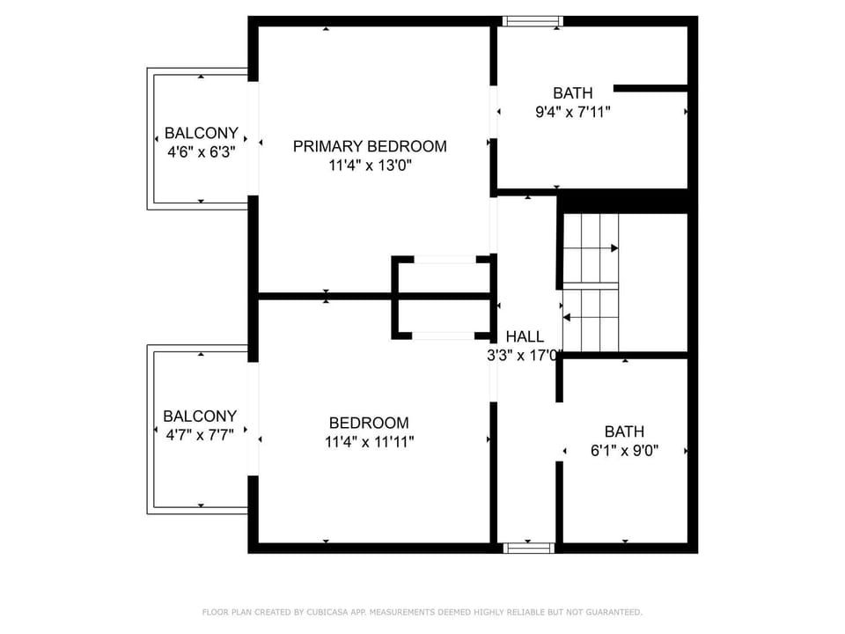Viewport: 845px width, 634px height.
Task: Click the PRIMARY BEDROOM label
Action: (370, 146)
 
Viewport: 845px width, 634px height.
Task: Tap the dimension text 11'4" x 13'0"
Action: (371, 165)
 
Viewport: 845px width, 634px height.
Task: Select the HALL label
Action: (525, 337)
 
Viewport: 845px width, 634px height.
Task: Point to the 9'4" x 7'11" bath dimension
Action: (573, 112)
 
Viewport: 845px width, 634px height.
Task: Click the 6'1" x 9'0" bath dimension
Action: (625, 451)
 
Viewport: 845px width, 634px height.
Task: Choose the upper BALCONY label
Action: (201, 133)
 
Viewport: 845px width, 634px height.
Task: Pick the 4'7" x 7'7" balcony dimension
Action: (200, 435)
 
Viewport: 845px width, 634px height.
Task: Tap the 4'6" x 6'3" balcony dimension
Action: (202, 152)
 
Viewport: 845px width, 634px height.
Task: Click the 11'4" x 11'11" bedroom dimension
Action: (369, 442)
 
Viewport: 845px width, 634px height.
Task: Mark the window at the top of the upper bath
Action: (533, 21)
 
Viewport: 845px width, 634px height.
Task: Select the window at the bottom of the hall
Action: (529, 549)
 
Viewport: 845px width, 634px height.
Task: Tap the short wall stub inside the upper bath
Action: (651, 88)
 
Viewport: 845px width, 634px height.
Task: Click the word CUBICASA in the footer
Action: (327, 612)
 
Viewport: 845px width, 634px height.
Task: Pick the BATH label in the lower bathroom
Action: (625, 431)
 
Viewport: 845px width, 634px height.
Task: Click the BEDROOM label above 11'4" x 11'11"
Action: (369, 423)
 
